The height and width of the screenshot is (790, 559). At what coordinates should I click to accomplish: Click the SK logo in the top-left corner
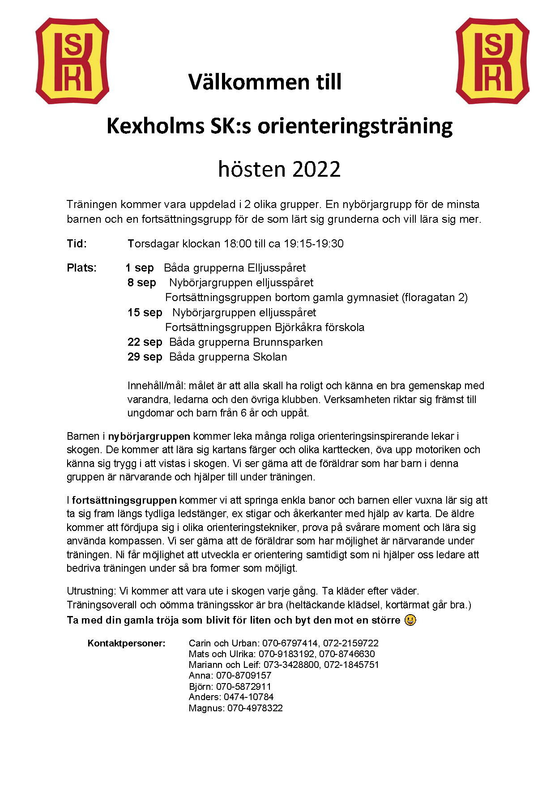[72, 61]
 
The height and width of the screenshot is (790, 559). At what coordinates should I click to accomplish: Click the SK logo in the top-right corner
[492, 61]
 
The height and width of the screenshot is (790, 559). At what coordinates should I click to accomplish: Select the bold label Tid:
[77, 244]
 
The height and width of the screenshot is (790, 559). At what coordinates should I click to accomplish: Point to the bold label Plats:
[82, 268]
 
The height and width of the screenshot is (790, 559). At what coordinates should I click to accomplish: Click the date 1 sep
[140, 268]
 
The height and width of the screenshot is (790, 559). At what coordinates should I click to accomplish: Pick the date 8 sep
[142, 283]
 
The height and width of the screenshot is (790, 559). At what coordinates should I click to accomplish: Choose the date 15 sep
[145, 312]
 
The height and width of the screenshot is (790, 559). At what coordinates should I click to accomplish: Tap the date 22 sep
[145, 342]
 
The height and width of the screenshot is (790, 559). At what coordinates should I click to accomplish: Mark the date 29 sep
[145, 357]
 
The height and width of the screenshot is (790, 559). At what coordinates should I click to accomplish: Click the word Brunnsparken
[287, 342]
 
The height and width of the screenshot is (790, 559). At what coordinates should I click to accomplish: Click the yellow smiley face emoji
[410, 620]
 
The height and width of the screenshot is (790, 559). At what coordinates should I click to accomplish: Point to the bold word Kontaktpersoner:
[127, 643]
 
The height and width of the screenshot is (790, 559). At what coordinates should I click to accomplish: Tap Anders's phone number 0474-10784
[248, 697]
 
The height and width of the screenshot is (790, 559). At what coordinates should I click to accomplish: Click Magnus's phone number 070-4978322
[255, 708]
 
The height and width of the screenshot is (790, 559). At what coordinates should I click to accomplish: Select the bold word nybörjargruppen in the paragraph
[149, 436]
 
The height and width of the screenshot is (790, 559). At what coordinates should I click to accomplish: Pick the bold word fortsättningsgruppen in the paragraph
[124, 500]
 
